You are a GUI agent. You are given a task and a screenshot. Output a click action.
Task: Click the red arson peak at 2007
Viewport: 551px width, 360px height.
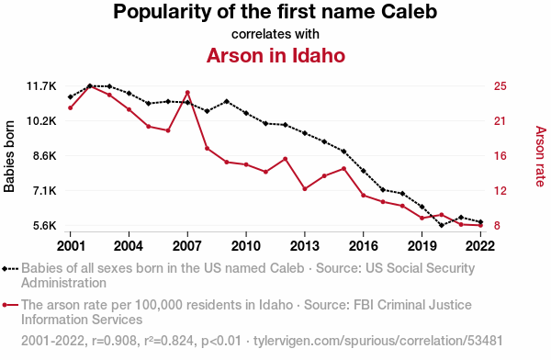click(187, 93)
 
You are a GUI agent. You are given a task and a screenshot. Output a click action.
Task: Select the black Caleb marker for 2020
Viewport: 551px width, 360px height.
click(442, 225)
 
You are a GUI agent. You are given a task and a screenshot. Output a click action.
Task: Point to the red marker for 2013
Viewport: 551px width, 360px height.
click(305, 189)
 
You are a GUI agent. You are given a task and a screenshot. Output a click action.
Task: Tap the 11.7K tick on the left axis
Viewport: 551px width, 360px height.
click(41, 86)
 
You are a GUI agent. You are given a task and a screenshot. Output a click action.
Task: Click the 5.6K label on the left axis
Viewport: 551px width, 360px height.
click(45, 225)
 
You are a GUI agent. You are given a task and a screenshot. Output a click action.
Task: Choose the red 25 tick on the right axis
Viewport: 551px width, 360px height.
click(500, 86)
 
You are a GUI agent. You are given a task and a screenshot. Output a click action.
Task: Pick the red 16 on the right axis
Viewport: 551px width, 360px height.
click(500, 156)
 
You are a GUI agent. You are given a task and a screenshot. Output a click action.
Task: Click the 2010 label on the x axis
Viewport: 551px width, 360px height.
click(246, 246)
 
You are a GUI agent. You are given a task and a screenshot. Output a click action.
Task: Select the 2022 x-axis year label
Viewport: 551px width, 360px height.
click(480, 246)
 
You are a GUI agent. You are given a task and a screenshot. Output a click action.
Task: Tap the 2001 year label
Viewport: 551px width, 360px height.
click(71, 246)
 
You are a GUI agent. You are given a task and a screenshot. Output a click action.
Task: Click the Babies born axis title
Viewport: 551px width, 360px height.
click(9, 156)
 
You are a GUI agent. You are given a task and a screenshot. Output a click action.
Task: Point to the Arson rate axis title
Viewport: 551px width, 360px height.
click(541, 156)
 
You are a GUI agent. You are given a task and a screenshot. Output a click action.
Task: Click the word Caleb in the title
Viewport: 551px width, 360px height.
click(409, 12)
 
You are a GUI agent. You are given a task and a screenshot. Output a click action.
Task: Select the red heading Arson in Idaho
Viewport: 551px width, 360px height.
click(275, 55)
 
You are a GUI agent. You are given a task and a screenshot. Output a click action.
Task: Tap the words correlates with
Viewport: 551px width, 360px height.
click(275, 34)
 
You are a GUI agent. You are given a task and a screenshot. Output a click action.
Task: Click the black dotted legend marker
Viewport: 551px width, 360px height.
click(10, 269)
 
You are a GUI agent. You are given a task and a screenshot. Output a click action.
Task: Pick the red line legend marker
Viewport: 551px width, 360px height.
click(10, 305)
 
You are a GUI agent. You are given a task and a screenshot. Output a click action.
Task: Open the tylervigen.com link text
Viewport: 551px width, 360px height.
click(378, 341)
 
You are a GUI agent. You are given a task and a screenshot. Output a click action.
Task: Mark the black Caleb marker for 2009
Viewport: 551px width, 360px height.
click(227, 102)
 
